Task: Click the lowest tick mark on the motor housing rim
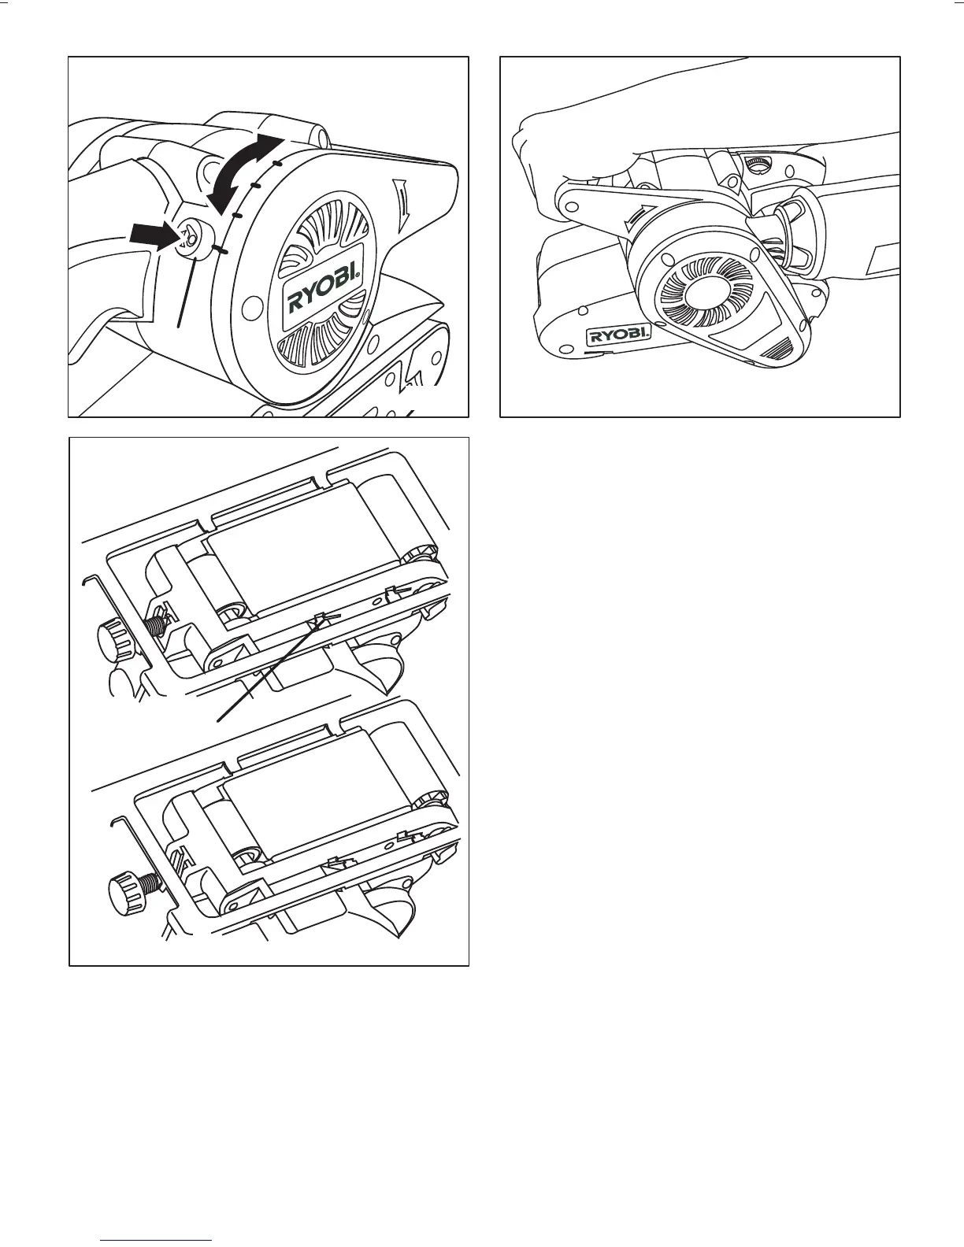point(221,251)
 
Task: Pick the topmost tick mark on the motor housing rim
point(276,164)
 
